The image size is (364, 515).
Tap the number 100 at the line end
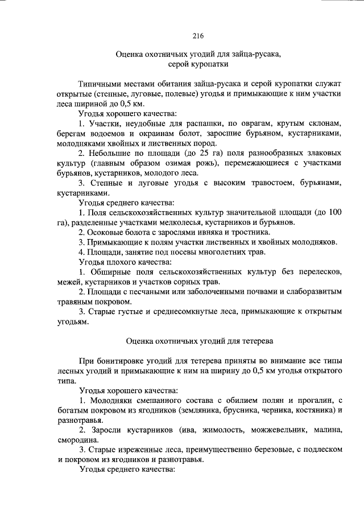coord(335,212)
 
